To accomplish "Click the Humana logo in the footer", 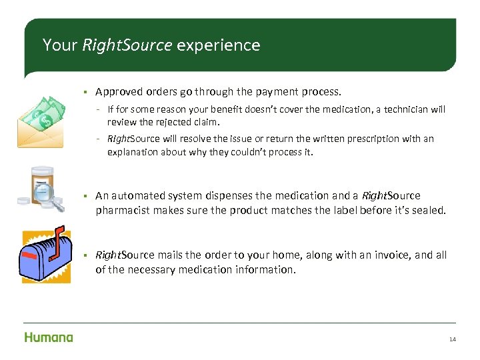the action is point(48,337).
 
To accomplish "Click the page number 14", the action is point(453,339).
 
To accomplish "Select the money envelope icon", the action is point(41,122).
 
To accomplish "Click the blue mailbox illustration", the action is point(45,257).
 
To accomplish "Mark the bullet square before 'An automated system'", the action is point(86,196).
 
